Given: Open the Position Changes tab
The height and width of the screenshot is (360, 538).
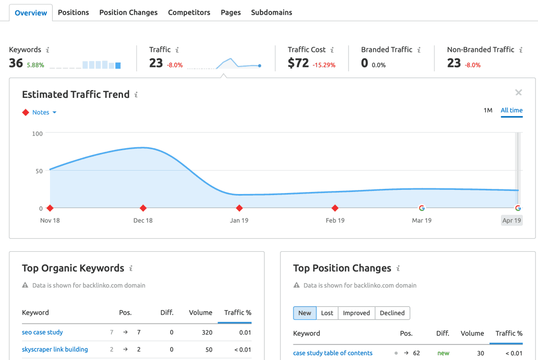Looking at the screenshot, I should coord(128,12).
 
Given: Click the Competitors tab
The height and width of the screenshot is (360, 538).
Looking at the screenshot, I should coord(189,12).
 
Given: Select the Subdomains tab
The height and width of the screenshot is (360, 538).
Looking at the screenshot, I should coord(271,12).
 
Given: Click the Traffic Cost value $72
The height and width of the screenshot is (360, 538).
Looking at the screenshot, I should coord(298,63).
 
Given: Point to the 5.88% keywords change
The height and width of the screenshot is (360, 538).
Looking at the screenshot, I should coord(35,66).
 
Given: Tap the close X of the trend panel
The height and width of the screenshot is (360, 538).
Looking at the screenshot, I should coord(518,93).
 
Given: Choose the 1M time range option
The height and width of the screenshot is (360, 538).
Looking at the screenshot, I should coord(488,110).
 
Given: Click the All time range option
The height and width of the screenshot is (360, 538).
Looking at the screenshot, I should coord(511,110).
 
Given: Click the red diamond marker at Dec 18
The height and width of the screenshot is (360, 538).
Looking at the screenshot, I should coord(143,208).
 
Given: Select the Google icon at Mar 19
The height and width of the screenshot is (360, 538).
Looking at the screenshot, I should coord(421,208).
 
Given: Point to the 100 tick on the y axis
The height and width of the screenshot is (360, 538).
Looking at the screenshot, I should coord(37,134).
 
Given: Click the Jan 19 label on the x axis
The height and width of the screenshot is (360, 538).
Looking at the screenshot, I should coord(239,221).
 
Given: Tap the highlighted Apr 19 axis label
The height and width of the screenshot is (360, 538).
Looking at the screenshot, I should coord(511,221).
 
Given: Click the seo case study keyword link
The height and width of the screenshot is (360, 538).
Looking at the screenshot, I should coord(42,332).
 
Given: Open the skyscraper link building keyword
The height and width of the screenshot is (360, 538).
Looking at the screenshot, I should coord(55,350).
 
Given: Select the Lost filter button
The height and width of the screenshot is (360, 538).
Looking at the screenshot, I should coord(327,313).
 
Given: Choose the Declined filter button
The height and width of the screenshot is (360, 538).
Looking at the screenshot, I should coord(392,313).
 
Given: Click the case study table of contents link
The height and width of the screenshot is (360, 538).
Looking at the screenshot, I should coord(332,353).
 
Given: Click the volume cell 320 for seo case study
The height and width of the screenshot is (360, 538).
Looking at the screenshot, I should coord(207,332).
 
